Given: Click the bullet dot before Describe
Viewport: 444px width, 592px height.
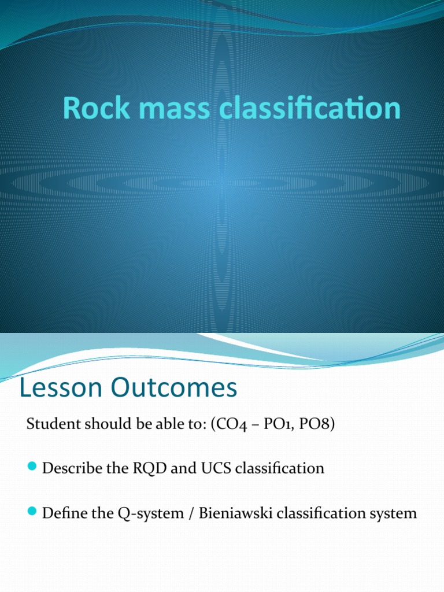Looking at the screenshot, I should pos(32,467).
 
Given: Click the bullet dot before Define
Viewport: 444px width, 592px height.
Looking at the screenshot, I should pos(32,512).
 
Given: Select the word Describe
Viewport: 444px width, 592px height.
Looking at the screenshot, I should pos(68,468).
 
